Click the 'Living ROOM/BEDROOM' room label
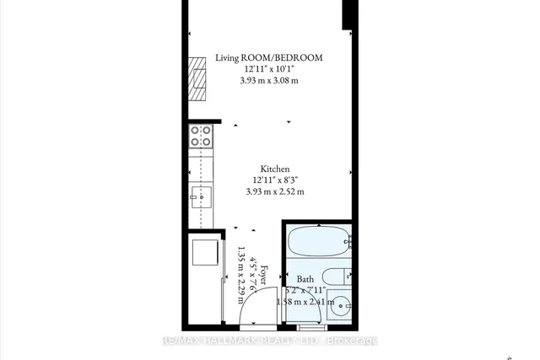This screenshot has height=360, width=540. click(x=268, y=58)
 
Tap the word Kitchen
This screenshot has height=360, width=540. click(x=275, y=168)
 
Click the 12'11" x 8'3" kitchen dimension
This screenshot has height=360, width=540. click(x=275, y=180)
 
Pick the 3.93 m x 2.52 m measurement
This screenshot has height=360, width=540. click(x=275, y=191)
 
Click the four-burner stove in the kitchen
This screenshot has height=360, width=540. click(x=202, y=137)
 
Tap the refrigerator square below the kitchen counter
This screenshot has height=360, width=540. click(x=205, y=253)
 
